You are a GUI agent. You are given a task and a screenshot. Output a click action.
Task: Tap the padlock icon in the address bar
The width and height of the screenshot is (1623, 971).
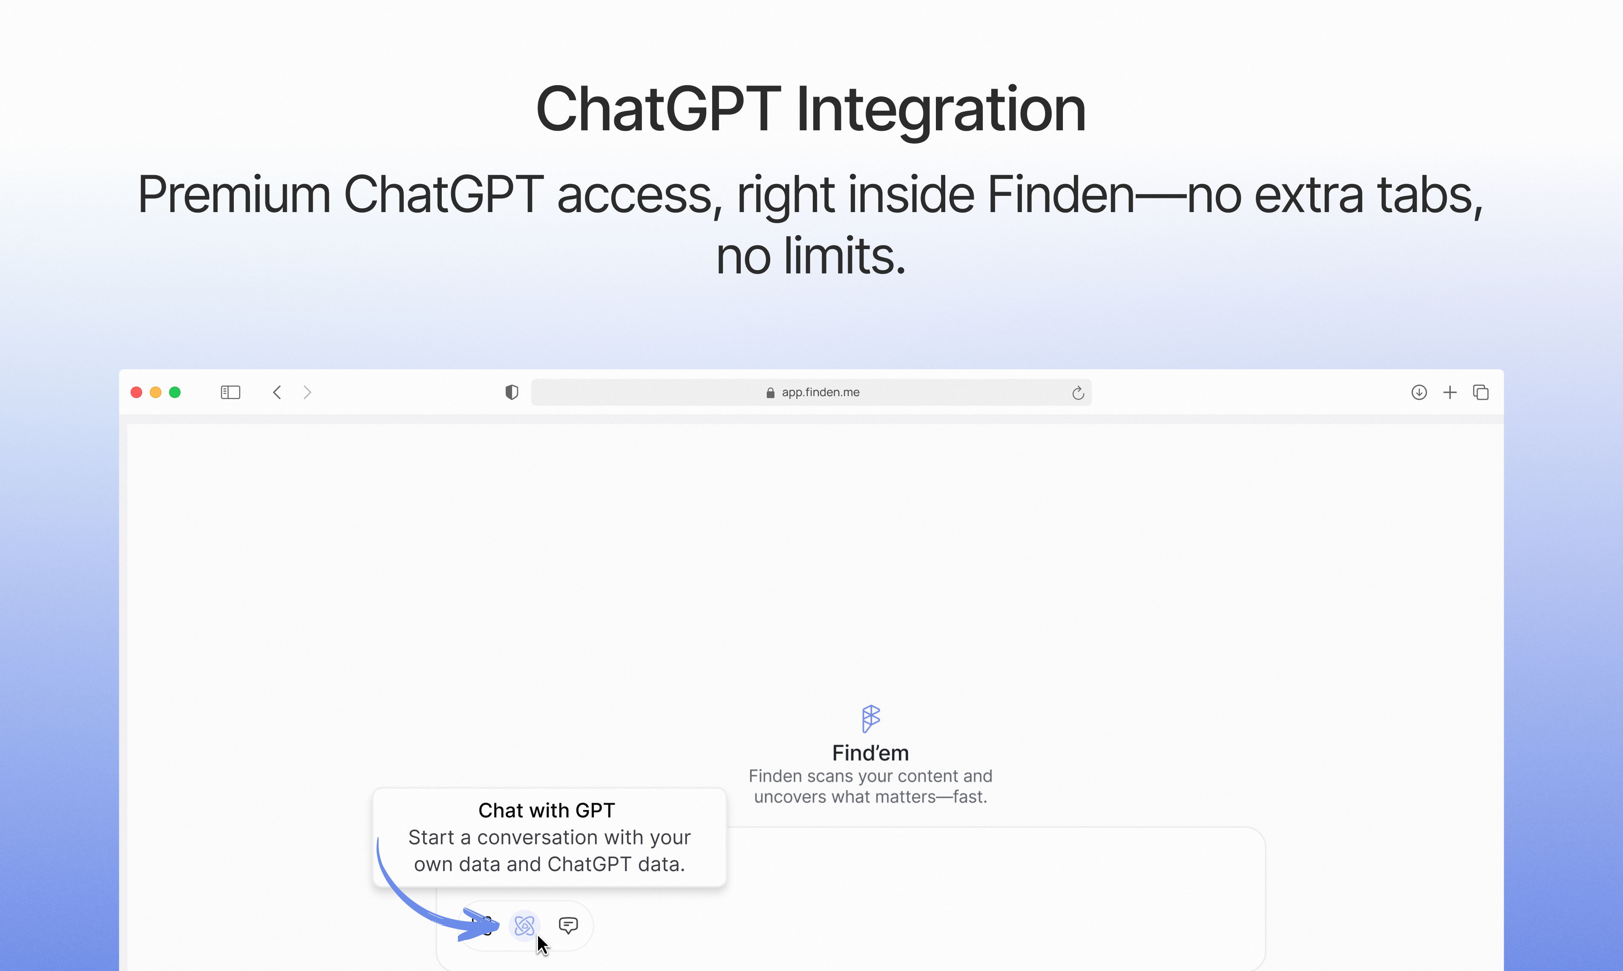[x=770, y=393]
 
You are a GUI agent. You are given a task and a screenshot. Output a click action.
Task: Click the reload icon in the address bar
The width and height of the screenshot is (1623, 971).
[x=1078, y=393]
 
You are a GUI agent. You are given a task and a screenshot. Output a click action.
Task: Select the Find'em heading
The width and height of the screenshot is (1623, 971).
[x=870, y=753]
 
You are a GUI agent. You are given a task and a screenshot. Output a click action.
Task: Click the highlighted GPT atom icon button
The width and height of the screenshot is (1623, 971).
[x=524, y=925]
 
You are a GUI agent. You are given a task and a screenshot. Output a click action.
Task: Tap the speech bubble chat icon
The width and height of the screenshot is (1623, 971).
[x=568, y=925]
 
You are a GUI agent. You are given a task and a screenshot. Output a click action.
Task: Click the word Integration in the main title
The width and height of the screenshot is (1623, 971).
[x=941, y=109]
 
